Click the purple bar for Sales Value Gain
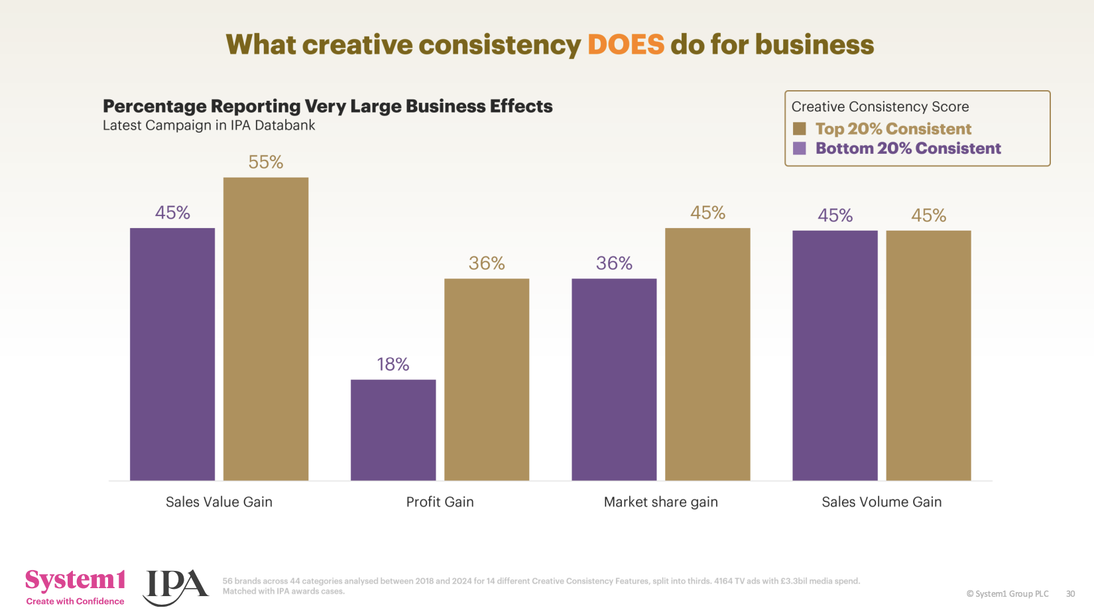[172, 354]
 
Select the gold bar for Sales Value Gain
[266, 329]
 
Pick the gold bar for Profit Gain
[487, 379]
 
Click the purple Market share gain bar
[614, 379]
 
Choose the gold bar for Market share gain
[707, 354]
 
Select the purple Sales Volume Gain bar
[835, 355]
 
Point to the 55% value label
[266, 162]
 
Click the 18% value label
[393, 364]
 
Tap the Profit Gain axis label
[440, 502]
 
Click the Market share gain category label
[660, 502]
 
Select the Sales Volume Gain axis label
[881, 502]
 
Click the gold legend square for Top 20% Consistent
[800, 129]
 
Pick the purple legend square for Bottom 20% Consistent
[800, 148]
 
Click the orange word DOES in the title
[625, 45]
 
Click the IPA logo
[175, 586]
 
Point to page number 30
[1070, 593]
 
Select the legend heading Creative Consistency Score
[880, 107]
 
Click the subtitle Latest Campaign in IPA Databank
[209, 125]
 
